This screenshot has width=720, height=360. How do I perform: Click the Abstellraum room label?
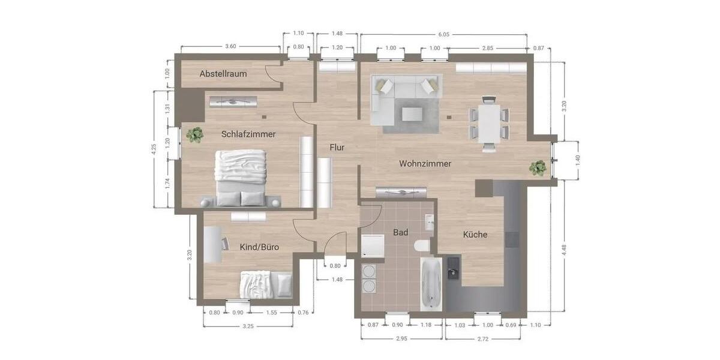(223, 74)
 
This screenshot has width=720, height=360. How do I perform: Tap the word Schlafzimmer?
(248, 134)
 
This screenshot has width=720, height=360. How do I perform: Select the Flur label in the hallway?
(337, 147)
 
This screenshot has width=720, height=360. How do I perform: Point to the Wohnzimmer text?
(425, 163)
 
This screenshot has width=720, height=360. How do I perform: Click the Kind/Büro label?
(259, 247)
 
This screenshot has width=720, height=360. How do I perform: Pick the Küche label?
(475, 235)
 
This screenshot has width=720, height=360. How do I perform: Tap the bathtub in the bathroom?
(431, 284)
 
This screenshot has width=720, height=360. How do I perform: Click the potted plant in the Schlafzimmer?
(194, 135)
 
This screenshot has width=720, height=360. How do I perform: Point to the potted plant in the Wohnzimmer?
(538, 168)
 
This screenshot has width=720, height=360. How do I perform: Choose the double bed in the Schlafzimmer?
(241, 176)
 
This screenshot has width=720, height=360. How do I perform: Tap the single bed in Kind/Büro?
(266, 284)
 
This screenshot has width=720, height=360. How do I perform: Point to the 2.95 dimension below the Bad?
(401, 339)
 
